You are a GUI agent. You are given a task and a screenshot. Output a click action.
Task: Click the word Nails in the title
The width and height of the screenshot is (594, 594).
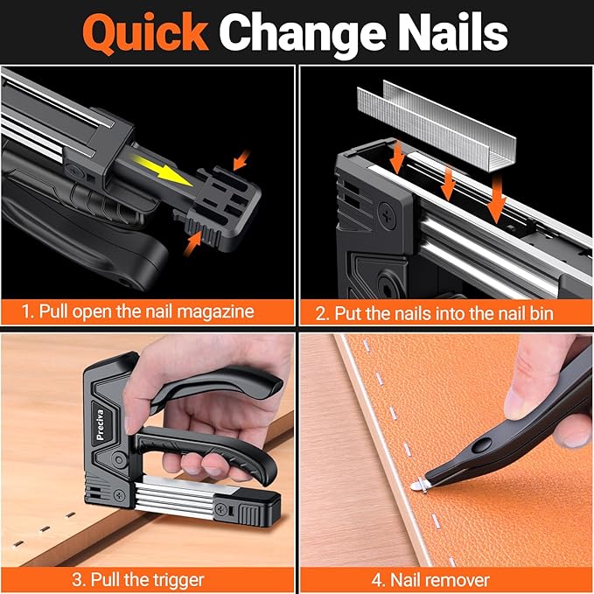coord(454,32)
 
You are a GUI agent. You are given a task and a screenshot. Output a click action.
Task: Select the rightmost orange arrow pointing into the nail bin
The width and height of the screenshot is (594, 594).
coord(498,206)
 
